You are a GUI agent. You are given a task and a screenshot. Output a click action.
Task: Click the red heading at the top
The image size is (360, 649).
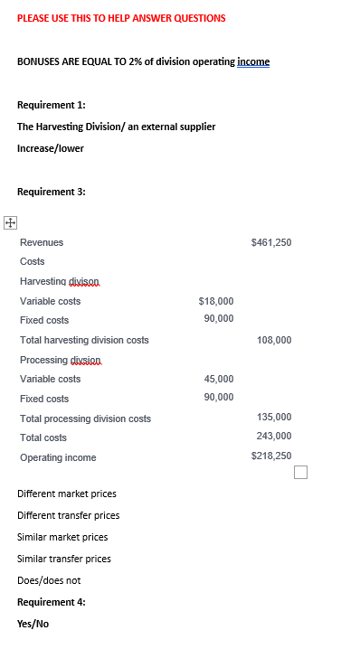click(x=121, y=18)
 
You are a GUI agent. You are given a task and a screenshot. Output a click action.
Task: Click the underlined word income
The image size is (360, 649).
click(x=253, y=61)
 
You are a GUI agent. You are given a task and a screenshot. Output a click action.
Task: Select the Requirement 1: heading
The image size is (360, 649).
click(x=52, y=105)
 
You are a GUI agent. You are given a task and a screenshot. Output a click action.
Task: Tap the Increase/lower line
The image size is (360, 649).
click(x=51, y=148)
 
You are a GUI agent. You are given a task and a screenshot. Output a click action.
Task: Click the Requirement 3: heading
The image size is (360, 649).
click(x=52, y=192)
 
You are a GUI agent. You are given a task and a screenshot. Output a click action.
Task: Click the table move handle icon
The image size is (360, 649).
click(x=10, y=221)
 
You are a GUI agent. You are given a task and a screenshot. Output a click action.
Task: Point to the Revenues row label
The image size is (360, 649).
click(x=42, y=242)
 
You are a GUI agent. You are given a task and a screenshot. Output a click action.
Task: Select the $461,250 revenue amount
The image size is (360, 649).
click(x=271, y=242)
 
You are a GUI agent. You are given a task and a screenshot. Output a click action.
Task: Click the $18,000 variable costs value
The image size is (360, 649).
click(x=215, y=301)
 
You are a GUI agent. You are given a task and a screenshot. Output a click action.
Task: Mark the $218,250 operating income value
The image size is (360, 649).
click(x=271, y=456)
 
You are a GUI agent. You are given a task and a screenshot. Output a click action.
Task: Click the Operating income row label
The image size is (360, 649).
click(x=58, y=457)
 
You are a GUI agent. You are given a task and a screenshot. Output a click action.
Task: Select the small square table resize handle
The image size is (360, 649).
click(x=301, y=472)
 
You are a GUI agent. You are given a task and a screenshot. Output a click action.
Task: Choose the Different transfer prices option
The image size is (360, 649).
click(x=69, y=515)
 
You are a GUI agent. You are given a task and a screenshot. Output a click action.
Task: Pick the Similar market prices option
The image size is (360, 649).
click(x=62, y=537)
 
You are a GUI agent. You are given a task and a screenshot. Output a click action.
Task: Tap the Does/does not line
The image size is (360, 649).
click(x=49, y=580)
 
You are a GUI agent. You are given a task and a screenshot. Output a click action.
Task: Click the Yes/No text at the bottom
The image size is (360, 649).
click(x=33, y=623)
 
